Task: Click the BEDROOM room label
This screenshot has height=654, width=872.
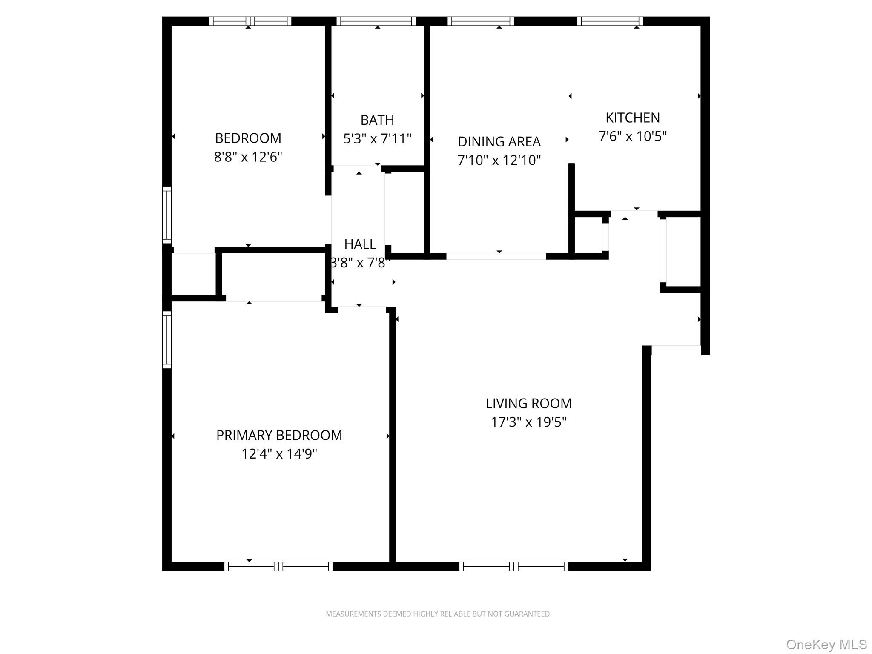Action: tap(248, 138)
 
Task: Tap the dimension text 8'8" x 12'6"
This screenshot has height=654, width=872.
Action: tap(248, 157)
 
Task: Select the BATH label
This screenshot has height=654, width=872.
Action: tap(377, 120)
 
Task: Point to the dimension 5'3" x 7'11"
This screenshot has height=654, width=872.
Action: tap(377, 139)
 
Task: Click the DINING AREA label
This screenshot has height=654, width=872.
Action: tap(499, 141)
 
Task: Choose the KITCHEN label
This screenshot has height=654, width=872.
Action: tap(632, 118)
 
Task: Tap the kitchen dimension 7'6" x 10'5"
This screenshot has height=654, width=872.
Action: tap(632, 136)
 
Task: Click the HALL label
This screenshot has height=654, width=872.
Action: tap(360, 244)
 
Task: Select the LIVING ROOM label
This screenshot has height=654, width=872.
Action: tap(528, 403)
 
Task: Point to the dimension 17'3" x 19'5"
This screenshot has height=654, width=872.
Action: tap(528, 422)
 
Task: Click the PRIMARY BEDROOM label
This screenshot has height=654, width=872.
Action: tap(279, 435)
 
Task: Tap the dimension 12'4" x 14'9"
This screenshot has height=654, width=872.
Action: tap(279, 454)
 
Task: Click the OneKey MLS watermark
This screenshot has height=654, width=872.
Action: tap(826, 645)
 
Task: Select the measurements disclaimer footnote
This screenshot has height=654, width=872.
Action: tap(438, 614)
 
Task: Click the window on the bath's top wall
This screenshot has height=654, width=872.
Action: tap(376, 21)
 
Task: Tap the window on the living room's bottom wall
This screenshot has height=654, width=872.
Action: tap(513, 566)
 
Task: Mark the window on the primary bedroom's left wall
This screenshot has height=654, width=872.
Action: tap(167, 339)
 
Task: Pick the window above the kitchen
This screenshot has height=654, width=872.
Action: tap(610, 21)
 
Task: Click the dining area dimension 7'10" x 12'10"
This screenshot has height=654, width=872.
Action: tap(499, 160)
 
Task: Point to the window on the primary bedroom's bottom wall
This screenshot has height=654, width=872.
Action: tap(278, 566)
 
